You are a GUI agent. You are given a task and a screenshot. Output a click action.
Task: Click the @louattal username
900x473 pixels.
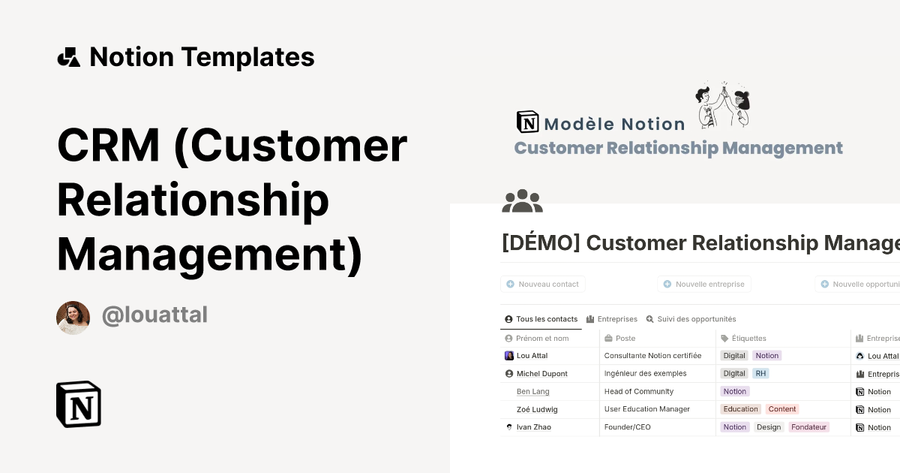coord(154,315)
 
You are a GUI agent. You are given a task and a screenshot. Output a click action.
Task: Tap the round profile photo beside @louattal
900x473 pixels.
coord(73,318)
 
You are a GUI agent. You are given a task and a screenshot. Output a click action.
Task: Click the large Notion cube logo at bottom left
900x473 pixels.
coord(79,404)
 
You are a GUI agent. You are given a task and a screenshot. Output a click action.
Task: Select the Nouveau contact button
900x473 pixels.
coord(543,285)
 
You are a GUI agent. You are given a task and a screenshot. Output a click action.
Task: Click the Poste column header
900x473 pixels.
coord(625,339)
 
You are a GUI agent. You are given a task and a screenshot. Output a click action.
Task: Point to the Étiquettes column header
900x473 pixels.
coord(748,339)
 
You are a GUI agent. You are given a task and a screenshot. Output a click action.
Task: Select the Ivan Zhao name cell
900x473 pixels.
coord(533,427)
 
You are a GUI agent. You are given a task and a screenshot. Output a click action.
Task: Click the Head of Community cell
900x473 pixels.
coord(638,391)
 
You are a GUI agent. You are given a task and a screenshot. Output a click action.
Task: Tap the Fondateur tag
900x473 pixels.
coord(808,427)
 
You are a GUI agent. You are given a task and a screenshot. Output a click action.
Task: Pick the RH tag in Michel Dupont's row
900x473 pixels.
coord(760,373)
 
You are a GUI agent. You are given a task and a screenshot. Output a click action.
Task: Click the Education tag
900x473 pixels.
coord(740,409)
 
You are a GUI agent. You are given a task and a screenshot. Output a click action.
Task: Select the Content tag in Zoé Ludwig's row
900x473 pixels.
coord(782,409)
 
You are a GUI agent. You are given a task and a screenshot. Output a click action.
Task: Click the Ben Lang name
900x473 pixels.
coord(532,391)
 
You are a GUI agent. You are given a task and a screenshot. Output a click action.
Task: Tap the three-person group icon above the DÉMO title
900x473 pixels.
coord(522,200)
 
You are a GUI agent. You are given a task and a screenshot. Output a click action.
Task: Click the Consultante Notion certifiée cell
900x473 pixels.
coord(652,355)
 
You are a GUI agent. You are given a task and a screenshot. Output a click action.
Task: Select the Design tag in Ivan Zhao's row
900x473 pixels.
coord(768,427)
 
